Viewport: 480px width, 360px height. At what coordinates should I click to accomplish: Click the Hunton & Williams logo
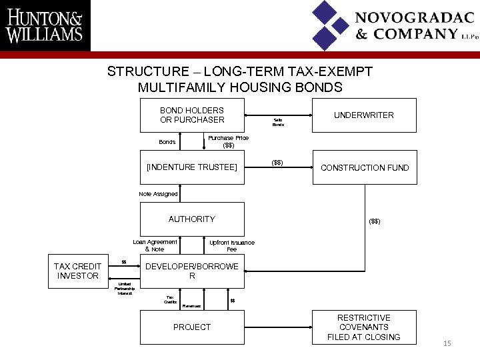click(45, 25)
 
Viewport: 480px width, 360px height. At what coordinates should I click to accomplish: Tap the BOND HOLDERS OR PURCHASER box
click(191, 115)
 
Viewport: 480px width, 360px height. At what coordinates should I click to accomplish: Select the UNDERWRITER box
click(364, 115)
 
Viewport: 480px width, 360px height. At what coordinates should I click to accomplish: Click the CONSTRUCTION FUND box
click(364, 167)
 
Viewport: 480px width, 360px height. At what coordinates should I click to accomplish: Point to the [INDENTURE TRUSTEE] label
click(191, 167)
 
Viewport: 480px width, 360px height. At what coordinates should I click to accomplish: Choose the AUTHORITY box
click(191, 219)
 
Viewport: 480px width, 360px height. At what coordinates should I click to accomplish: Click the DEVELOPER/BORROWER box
click(191, 271)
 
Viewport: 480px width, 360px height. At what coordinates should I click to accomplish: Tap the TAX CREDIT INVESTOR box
click(77, 271)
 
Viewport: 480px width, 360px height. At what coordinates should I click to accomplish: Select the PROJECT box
click(191, 327)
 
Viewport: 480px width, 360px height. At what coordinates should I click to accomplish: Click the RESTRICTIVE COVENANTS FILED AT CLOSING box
click(364, 327)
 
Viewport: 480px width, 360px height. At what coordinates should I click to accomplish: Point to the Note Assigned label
click(158, 194)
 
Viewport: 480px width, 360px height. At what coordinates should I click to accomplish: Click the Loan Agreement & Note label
click(155, 245)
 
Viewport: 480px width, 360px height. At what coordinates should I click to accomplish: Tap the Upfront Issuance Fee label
click(231, 246)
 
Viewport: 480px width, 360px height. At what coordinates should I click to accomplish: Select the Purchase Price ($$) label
click(228, 141)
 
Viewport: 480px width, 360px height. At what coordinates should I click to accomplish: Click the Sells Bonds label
click(278, 122)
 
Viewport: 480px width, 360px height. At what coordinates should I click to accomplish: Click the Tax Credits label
click(171, 299)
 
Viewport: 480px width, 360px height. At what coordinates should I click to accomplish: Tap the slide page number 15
click(447, 343)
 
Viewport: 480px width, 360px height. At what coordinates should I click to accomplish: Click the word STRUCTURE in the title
click(148, 71)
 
